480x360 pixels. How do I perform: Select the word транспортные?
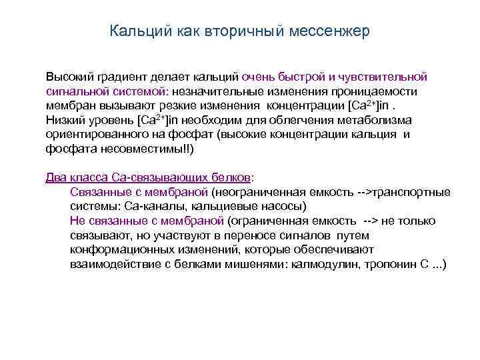[x=412, y=192]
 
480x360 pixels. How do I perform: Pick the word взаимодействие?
[x=110, y=265]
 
